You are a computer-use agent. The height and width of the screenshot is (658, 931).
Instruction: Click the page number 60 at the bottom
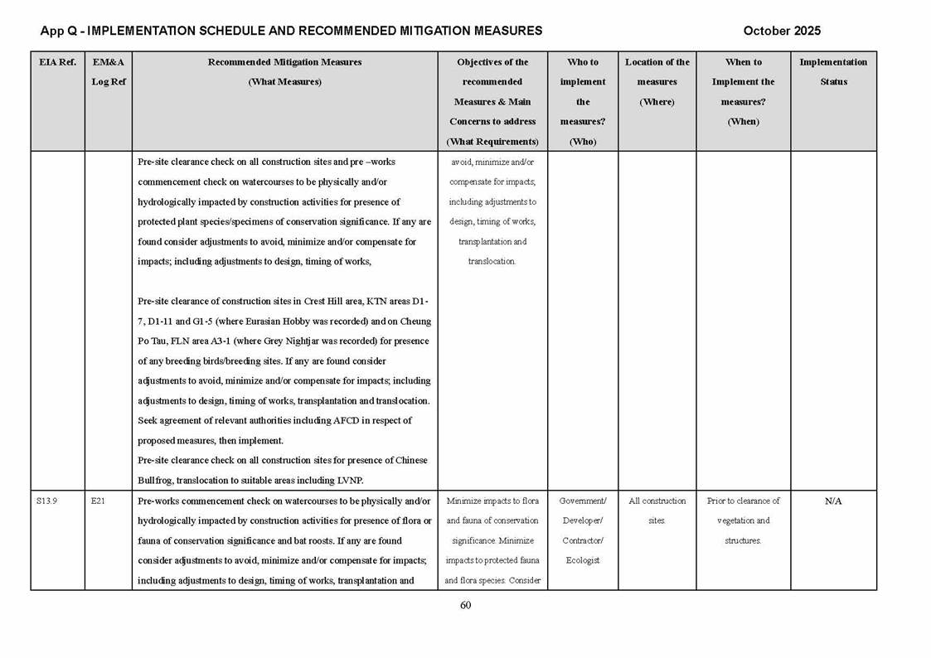[465, 605]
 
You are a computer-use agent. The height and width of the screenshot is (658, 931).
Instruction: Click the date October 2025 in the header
[781, 31]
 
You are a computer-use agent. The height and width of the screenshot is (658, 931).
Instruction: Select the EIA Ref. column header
[57, 62]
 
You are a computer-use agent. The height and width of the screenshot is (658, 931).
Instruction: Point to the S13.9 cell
[47, 501]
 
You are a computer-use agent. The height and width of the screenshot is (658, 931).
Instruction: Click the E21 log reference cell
[98, 501]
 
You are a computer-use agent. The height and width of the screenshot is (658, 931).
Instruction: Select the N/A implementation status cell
[833, 501]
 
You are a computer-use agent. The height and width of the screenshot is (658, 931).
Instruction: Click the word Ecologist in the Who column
[582, 560]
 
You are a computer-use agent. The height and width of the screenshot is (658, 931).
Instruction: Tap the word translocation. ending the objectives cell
[492, 262]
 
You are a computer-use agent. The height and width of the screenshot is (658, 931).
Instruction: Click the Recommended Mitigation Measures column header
[284, 62]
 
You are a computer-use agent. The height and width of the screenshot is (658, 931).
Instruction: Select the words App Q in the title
[58, 31]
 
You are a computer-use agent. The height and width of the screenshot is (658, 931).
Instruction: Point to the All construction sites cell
[657, 510]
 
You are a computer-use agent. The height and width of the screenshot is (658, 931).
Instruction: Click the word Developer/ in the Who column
[582, 520]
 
